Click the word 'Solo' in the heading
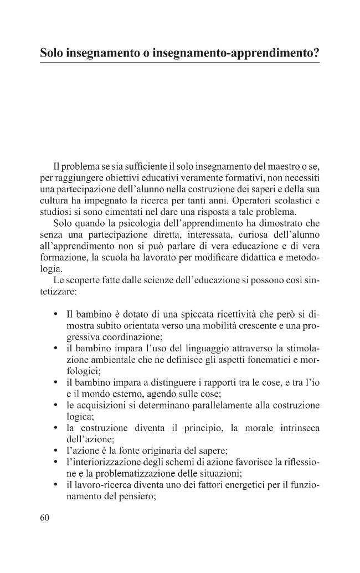(x=52, y=53)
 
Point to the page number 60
(x=45, y=518)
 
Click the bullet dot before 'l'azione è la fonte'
(x=56, y=452)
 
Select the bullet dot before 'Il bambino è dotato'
(x=56, y=314)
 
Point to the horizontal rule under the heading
(x=179, y=63)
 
